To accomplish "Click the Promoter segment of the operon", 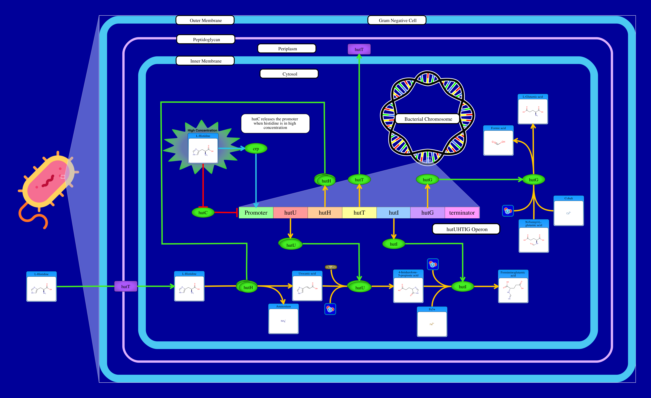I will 256,213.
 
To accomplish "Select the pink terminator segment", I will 462,213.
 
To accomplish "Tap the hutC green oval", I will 203,213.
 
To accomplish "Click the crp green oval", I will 256,149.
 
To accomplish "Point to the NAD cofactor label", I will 331,267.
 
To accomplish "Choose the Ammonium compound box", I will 283,319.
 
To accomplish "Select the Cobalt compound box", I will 569,211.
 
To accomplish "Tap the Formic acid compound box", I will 498,141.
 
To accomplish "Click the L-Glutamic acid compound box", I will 533,109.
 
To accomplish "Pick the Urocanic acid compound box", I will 307,286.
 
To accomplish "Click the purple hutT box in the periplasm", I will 359,49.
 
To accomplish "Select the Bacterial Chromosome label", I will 428,119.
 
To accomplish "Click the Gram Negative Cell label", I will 397,20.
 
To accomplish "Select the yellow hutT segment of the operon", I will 359,213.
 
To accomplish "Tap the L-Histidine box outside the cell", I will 42,287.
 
